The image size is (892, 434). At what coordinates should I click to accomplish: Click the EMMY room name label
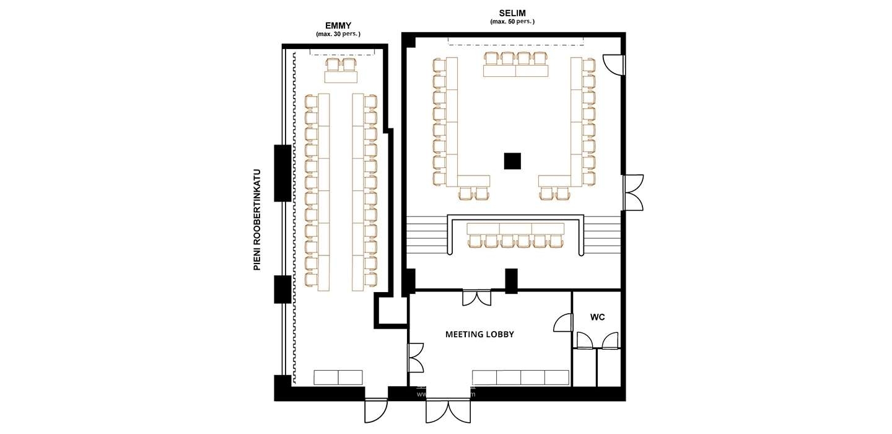tap(338, 25)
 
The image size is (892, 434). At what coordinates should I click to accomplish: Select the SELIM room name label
tap(512, 13)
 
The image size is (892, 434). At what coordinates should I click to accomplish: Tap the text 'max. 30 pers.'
tap(338, 34)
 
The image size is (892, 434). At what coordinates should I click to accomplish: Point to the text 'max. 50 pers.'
tap(512, 22)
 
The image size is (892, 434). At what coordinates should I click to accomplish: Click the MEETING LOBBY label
tap(479, 334)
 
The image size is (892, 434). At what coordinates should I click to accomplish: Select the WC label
tap(597, 317)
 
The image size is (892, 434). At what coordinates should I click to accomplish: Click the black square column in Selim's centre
tap(512, 161)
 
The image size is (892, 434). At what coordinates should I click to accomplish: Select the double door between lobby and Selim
tap(477, 297)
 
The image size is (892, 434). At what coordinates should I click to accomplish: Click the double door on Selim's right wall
tap(633, 193)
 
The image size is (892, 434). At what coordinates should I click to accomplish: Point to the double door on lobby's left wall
tap(415, 358)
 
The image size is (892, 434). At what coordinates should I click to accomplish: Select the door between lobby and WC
tap(563, 324)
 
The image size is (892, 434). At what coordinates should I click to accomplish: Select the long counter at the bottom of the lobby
tap(520, 378)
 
